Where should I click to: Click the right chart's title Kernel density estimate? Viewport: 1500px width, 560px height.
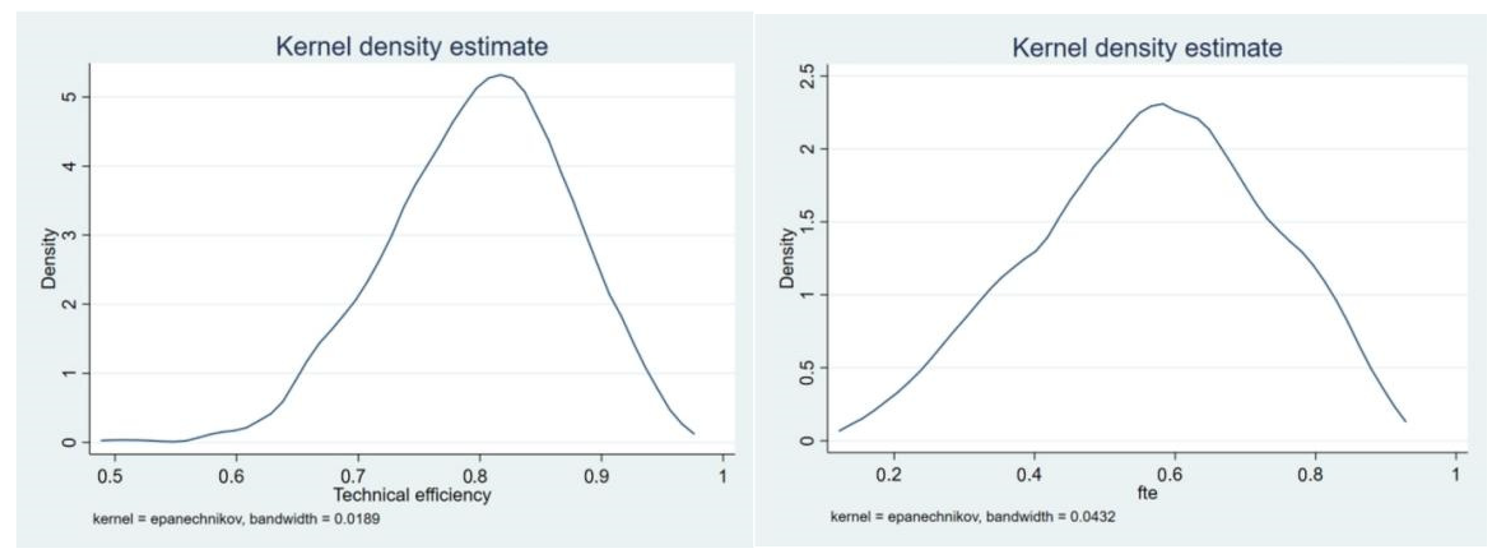pyautogui.click(x=1147, y=48)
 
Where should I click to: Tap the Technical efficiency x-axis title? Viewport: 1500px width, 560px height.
pyautogui.click(x=412, y=495)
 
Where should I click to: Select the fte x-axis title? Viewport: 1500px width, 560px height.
pyautogui.click(x=1147, y=494)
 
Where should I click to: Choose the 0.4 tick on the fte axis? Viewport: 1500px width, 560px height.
pyautogui.click(x=1029, y=475)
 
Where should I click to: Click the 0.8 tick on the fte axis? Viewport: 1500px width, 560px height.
pyautogui.click(x=1310, y=475)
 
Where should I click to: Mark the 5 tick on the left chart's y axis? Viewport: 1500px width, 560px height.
pyautogui.click(x=69, y=97)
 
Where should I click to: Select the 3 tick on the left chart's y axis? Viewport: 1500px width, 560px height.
pyautogui.click(x=69, y=235)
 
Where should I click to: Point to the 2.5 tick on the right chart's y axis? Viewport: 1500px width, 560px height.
pyautogui.click(x=806, y=76)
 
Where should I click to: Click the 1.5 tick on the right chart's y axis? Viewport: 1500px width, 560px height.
pyautogui.click(x=806, y=222)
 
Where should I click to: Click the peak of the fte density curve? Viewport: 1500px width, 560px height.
pyautogui.click(x=1162, y=104)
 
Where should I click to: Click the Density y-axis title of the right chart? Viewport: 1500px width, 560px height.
pyautogui.click(x=787, y=258)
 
